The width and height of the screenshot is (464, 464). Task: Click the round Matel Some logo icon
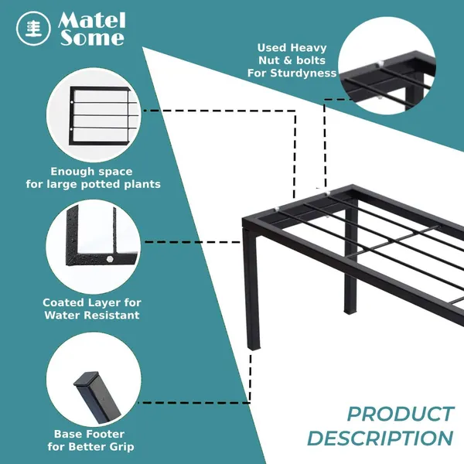pos(33,29)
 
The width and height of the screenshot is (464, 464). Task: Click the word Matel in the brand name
pos(92,21)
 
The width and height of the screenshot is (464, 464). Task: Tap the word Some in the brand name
pos(92,38)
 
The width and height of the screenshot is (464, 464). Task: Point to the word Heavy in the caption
pos(309,48)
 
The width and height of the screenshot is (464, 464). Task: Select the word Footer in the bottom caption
pos(107,434)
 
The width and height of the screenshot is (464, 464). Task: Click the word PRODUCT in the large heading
pos(400,414)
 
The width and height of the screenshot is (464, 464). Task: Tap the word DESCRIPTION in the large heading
pos(380,438)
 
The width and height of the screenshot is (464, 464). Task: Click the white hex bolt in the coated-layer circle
pos(110,259)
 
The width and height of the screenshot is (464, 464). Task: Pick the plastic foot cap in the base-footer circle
pos(87,380)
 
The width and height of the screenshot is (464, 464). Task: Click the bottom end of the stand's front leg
pos(254,348)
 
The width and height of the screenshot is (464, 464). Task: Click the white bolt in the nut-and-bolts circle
pos(380,63)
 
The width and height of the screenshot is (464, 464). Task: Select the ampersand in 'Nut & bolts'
pos(288,60)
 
